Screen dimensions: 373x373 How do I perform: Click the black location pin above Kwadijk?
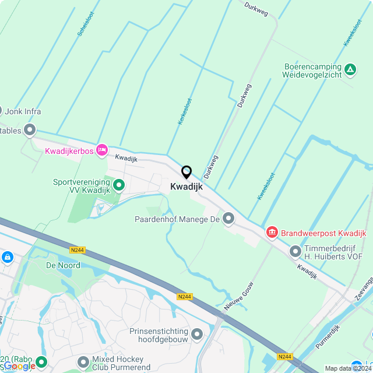186,173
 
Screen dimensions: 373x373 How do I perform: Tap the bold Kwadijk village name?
186,186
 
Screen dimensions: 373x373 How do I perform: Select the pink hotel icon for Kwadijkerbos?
102,150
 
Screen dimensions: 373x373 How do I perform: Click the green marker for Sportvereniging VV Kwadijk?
119,186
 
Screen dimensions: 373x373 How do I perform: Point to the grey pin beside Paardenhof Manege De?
228,219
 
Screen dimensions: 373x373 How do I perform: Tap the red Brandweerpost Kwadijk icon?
272,233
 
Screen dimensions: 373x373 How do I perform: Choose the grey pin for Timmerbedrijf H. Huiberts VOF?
295,252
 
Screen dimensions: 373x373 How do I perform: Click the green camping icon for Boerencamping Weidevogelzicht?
350,71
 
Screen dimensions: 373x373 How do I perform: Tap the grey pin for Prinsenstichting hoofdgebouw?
197,335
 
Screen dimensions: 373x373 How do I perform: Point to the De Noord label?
63,265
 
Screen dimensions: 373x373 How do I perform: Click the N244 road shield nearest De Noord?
78,250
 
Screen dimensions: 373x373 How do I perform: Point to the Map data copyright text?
348,368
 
